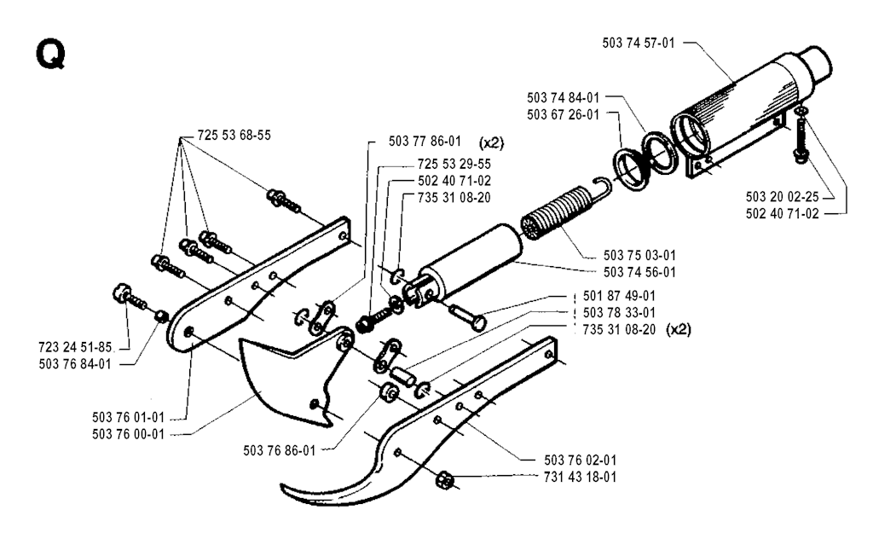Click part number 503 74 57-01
(638, 43)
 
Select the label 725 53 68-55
(234, 136)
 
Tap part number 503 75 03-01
(639, 255)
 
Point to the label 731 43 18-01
(580, 477)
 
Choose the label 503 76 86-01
(280, 450)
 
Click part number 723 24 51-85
(75, 347)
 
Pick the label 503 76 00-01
(129, 434)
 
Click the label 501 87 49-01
(619, 296)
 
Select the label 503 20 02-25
(783, 197)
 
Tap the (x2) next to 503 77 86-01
(491, 142)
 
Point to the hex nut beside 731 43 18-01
(444, 479)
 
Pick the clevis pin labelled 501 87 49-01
(467, 316)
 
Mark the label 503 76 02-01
(580, 460)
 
